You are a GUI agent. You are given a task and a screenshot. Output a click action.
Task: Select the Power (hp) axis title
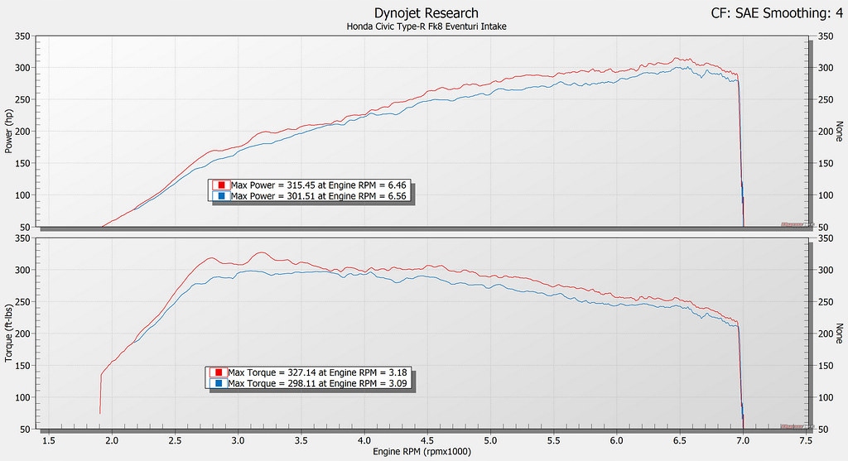pos(9,132)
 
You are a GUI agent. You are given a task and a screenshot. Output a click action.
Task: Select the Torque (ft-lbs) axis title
pos(9,334)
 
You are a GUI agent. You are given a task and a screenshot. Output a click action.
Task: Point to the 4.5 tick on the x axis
pos(427,442)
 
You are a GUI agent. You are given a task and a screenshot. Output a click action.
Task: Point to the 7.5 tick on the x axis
pos(806,442)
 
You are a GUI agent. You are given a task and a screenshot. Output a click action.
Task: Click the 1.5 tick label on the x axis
pos(49,442)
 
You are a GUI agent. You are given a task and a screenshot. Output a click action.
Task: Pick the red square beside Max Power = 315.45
pos(221,185)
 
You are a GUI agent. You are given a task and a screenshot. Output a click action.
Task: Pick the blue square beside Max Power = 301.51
pos(221,195)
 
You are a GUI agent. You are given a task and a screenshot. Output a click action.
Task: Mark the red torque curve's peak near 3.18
pos(261,252)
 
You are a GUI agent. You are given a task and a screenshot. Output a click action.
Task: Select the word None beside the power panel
pos(839,132)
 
